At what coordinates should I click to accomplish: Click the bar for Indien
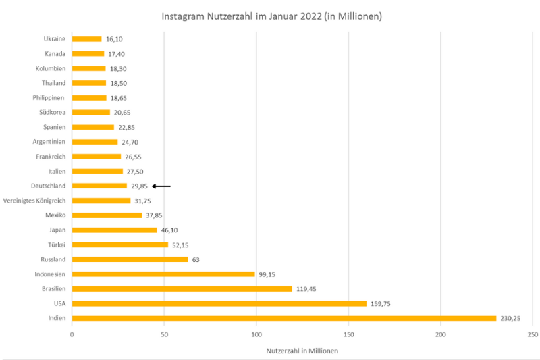click(283, 318)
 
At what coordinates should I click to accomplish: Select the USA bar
click(219, 303)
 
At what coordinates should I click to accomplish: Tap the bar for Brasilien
click(182, 288)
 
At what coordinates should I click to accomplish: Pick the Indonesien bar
click(163, 274)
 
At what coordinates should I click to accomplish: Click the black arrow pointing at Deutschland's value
click(161, 186)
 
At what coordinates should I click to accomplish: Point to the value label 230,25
click(510, 318)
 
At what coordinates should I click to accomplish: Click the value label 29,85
click(139, 186)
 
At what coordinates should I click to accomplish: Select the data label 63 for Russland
click(196, 259)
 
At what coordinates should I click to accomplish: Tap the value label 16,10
click(114, 39)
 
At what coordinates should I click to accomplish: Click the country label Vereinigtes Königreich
click(34, 201)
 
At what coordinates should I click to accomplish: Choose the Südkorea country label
click(52, 112)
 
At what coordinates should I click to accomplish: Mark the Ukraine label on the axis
click(54, 39)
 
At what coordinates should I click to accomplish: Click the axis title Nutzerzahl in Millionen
click(302, 351)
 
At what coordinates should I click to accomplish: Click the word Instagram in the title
click(183, 16)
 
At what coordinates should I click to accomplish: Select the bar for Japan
click(114, 230)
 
